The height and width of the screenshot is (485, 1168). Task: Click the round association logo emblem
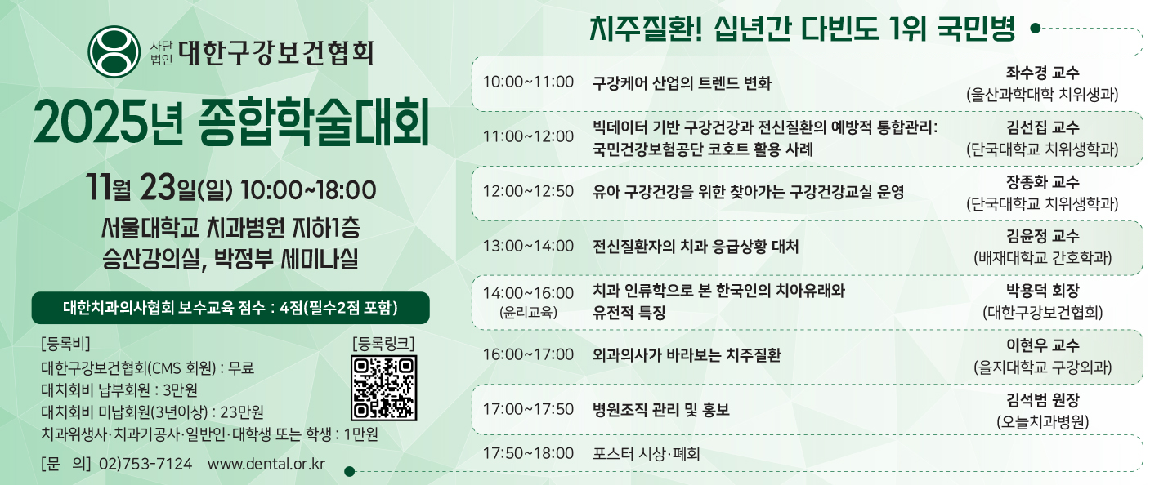coord(114,51)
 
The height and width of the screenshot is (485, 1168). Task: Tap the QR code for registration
coord(384,388)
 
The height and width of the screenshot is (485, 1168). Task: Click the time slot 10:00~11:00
coord(528,82)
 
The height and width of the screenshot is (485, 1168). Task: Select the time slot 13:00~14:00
coord(528,246)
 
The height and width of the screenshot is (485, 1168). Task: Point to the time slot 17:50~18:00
coord(528,453)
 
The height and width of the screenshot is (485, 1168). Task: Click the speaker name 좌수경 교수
coord(1042,72)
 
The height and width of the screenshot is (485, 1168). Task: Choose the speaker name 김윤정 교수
coord(1042,236)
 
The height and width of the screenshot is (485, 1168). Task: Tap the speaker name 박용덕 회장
coord(1042,290)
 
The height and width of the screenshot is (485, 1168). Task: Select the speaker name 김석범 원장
coord(1042,399)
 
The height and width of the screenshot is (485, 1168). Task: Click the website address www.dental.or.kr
coord(266,464)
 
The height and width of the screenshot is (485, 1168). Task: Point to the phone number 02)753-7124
coord(145,464)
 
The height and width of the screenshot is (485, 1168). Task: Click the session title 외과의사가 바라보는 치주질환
coord(687,354)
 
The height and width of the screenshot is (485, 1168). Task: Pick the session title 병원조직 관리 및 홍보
coord(660,409)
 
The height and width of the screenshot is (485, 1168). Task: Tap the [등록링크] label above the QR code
coord(384,343)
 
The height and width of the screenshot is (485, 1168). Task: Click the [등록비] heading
coord(65,343)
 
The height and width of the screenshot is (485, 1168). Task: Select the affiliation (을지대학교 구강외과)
coord(1042,367)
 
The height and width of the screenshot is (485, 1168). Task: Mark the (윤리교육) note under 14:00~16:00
coord(528,312)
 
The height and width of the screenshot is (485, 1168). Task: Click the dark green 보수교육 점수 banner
coord(230,308)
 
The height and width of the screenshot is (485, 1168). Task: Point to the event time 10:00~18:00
coord(308,190)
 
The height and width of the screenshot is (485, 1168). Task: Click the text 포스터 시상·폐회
coord(646,454)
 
